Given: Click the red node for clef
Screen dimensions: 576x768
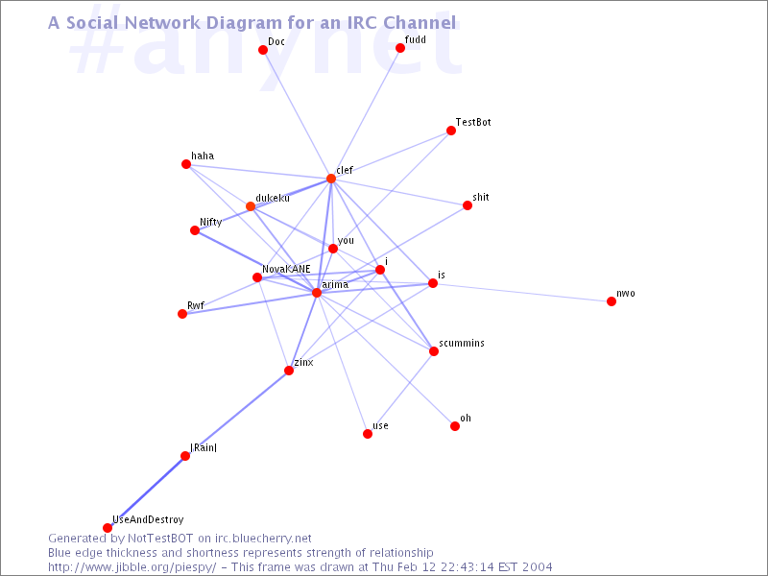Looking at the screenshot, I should [x=331, y=179].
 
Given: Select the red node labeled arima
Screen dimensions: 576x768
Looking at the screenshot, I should [x=317, y=292].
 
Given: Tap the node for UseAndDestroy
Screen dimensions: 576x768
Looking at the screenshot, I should [x=108, y=528].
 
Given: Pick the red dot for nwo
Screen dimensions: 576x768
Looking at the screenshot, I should [x=612, y=301].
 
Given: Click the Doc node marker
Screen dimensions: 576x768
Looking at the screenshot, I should [x=263, y=50].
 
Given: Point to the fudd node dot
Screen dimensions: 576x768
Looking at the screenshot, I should [x=400, y=48].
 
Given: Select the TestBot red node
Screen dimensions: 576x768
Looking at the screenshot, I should [x=449, y=131].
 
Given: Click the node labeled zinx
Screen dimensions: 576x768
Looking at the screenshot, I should [x=288, y=371].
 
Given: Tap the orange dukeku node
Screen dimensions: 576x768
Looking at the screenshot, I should [x=251, y=206].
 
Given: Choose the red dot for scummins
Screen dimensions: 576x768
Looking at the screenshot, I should [x=434, y=351].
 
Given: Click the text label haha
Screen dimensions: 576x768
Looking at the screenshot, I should [x=203, y=156].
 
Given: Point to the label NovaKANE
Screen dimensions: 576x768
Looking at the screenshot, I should [x=286, y=269].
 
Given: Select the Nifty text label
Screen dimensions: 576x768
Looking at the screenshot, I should [x=211, y=222].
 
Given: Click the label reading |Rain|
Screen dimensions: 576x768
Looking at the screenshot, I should [x=204, y=446].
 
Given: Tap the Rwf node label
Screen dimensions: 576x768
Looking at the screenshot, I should [x=196, y=305].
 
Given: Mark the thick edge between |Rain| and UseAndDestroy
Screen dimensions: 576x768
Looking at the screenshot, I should [x=146, y=492].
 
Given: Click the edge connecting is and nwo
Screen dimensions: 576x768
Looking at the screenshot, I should [x=522, y=292].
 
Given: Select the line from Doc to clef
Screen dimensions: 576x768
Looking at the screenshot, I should [x=297, y=114].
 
